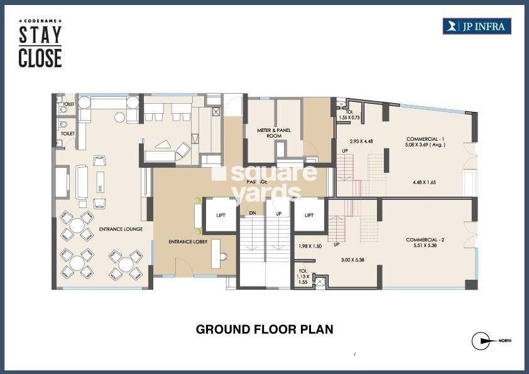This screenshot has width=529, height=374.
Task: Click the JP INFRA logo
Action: point(477,26)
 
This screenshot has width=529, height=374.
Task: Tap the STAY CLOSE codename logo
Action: point(40,45)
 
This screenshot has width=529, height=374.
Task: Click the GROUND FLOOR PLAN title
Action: point(264,329)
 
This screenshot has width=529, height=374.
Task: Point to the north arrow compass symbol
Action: point(481,341)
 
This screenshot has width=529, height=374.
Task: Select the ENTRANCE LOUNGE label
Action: point(121,229)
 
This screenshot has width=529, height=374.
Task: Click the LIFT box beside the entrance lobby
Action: point(221,215)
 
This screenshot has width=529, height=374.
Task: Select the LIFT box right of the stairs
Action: point(308,215)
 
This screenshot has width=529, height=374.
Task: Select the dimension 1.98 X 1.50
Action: point(310,246)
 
